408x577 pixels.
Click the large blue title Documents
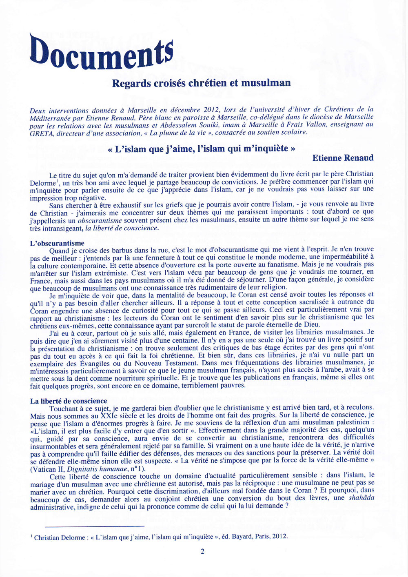click(x=102, y=52)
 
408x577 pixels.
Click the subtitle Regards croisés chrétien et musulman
click(x=201, y=83)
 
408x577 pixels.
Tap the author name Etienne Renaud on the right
click(x=343, y=158)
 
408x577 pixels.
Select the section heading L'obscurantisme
click(x=57, y=243)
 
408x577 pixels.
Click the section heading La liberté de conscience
click(x=69, y=401)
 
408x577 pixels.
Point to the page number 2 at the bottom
click(x=202, y=551)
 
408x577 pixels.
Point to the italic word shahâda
click(x=361, y=498)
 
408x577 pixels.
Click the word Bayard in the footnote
click(x=242, y=536)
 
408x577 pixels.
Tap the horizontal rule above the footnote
click(x=95, y=526)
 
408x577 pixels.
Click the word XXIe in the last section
click(x=110, y=416)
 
